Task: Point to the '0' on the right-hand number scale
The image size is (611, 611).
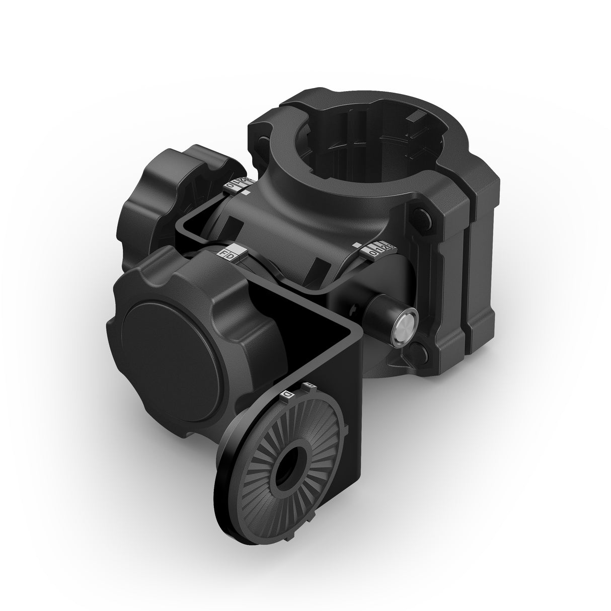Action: click(x=373, y=253)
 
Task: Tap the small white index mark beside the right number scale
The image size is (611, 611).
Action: click(x=356, y=246)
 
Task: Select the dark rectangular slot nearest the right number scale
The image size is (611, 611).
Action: click(x=318, y=267)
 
